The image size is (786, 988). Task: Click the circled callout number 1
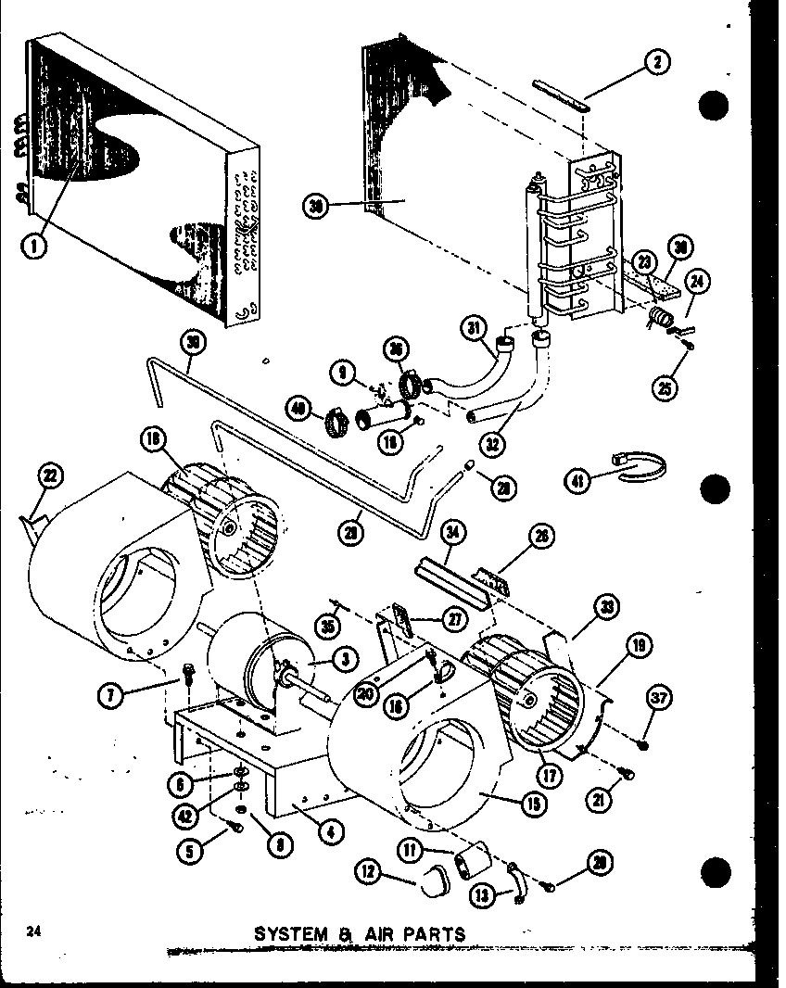pos(33,246)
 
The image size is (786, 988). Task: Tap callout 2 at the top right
pos(656,63)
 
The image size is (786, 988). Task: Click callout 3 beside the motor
pos(344,659)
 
